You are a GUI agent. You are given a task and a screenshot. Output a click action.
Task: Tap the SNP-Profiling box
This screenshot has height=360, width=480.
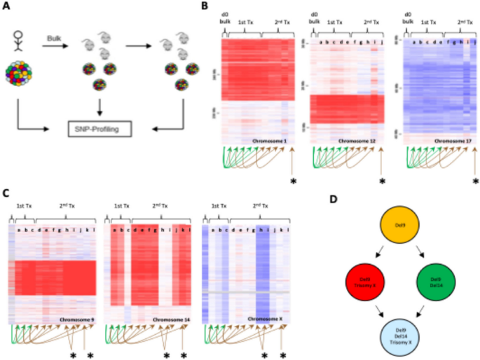102,129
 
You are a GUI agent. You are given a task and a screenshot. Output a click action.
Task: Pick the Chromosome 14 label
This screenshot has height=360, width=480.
169,319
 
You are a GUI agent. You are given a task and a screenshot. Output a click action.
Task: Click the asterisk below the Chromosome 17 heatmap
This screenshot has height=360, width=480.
475,182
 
